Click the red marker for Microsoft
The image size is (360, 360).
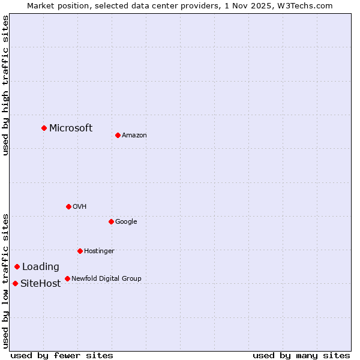click(x=44, y=128)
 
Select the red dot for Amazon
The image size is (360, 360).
click(x=118, y=135)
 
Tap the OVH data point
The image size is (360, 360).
click(x=68, y=206)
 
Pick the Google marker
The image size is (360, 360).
click(x=111, y=221)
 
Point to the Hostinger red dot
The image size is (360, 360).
click(x=80, y=251)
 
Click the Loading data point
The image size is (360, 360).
click(x=17, y=266)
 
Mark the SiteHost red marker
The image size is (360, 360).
click(x=15, y=283)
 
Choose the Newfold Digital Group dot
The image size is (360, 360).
click(x=67, y=278)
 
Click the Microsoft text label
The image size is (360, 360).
click(x=71, y=128)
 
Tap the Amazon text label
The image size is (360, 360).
click(x=134, y=135)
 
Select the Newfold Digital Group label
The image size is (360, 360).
click(x=106, y=278)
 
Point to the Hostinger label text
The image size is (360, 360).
click(x=99, y=251)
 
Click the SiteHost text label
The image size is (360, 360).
click(x=41, y=284)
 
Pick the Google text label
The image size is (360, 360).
click(x=126, y=221)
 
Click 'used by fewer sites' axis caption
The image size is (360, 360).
click(x=62, y=355)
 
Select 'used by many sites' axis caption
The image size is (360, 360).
click(x=301, y=355)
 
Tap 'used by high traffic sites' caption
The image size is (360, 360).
click(x=5, y=85)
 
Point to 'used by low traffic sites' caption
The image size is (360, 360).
click(x=5, y=281)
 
